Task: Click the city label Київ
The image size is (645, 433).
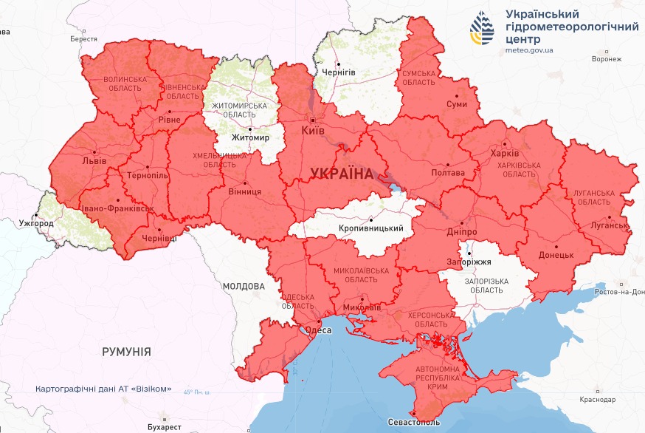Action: pos(312,131)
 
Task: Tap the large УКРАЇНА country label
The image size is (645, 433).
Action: pos(342,174)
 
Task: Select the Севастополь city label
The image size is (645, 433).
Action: pos(413,422)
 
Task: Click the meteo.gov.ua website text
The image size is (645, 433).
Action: pos(529,50)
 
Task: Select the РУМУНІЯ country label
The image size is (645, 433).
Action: pos(126,352)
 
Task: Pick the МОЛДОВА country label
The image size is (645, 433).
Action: pos(243,286)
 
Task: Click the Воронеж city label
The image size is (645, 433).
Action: pos(607,59)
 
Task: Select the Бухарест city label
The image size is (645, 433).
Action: pos(164,427)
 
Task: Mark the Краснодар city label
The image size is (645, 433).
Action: pos(598,400)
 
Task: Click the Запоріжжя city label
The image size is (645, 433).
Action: pos(469,262)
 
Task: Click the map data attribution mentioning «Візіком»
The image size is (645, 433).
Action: pos(103,389)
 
